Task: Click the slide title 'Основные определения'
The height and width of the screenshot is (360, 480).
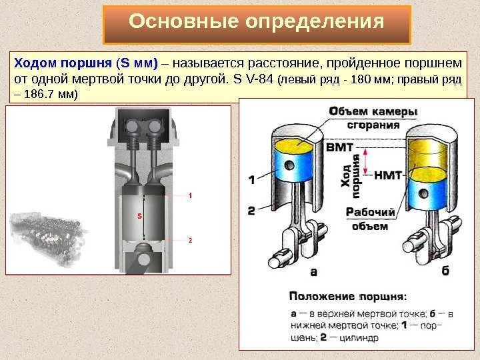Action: pos(257,23)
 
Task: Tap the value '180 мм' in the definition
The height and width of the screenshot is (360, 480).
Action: pos(363,81)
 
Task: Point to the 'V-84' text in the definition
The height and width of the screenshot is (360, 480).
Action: pos(255,81)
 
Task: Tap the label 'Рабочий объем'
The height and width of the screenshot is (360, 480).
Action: pos(369,219)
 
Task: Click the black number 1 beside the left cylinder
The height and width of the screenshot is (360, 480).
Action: pos(252,179)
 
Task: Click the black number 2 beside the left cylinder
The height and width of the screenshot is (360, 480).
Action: pos(252,210)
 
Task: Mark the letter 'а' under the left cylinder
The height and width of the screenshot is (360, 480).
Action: pos(315,271)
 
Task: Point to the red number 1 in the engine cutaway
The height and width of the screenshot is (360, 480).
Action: pos(190,196)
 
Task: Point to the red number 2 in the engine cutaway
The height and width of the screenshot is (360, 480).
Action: pos(190,239)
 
